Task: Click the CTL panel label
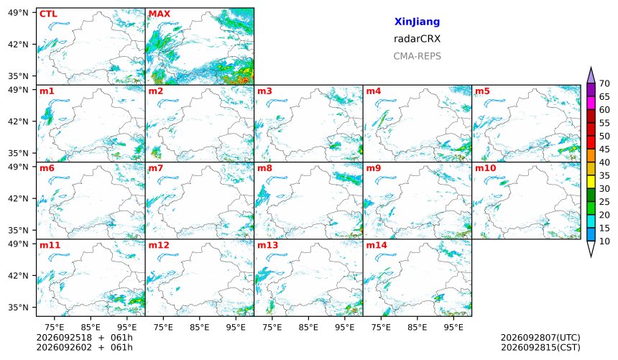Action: pos(48,14)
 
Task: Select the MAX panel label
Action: pos(160,14)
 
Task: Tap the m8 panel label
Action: pos(264,168)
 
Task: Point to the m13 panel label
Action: pos(267,245)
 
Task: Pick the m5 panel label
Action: pos(482,91)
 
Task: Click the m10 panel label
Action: pos(485,168)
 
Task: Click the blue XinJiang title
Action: pos(417,22)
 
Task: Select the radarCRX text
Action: pos(417,39)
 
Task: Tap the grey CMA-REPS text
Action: pos(417,56)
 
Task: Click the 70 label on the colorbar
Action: pos(604,83)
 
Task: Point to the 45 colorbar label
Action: pos(604,149)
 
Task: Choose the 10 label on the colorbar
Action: pos(604,241)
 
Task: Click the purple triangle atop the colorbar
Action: pos(591,76)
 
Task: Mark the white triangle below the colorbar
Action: pos(591,248)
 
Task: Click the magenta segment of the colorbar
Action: pos(591,103)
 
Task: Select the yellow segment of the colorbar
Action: pos(591,182)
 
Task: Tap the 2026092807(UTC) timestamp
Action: pos(540,338)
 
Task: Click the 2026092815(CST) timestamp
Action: pos(540,347)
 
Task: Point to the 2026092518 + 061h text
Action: pos(84,338)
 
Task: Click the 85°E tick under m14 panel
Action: pos(417,327)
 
